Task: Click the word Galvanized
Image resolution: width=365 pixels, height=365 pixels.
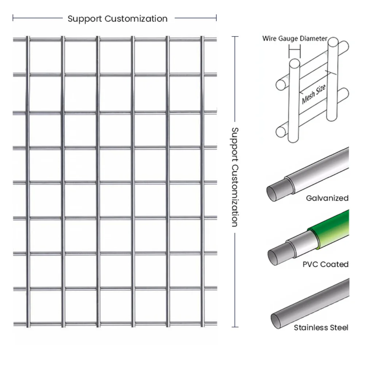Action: [327, 198]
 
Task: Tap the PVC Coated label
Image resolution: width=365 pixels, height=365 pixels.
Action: [325, 264]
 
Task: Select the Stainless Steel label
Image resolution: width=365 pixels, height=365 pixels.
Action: [321, 327]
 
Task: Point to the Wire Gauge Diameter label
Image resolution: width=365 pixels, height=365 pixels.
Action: [295, 39]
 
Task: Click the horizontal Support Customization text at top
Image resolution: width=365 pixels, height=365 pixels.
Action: [118, 19]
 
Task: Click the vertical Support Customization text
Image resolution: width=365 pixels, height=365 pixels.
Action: [235, 177]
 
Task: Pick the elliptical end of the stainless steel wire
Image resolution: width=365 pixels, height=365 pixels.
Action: [277, 320]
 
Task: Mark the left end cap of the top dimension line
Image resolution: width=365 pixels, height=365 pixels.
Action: [13, 18]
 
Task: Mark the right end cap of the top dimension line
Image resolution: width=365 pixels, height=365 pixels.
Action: [216, 18]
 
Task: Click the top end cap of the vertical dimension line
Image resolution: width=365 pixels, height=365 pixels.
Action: [235, 36]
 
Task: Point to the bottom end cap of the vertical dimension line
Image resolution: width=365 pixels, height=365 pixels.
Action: [235, 327]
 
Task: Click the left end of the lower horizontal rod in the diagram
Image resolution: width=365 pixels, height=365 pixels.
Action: [281, 131]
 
